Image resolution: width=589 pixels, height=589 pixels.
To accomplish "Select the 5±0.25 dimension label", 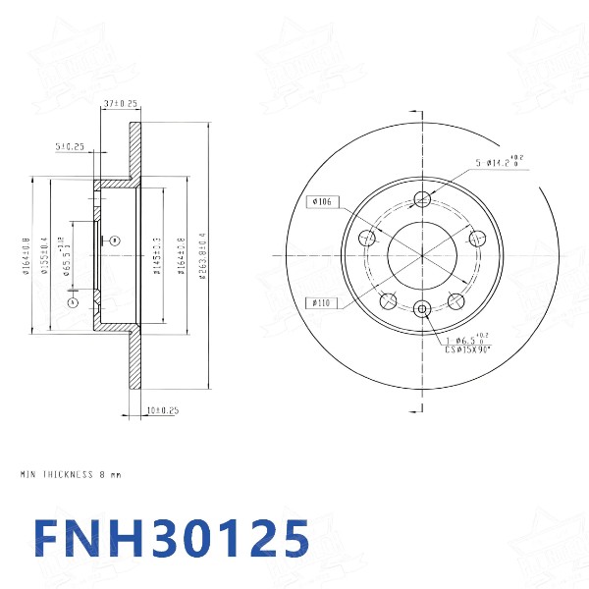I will [70, 147].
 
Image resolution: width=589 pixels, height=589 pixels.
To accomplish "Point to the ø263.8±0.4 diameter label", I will [202, 255].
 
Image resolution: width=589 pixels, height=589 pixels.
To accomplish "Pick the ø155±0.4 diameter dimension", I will [45, 257].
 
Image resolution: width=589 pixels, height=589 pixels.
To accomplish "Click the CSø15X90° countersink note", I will [468, 348].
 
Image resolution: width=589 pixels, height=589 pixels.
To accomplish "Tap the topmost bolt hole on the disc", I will [423, 199].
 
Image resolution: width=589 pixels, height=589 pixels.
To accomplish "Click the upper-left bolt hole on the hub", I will [368, 237].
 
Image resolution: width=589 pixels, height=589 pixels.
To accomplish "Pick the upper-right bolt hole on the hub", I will [478, 237].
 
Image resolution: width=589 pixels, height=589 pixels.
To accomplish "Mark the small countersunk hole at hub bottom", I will [423, 309].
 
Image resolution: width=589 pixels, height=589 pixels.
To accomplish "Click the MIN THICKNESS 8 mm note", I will [71, 474].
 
